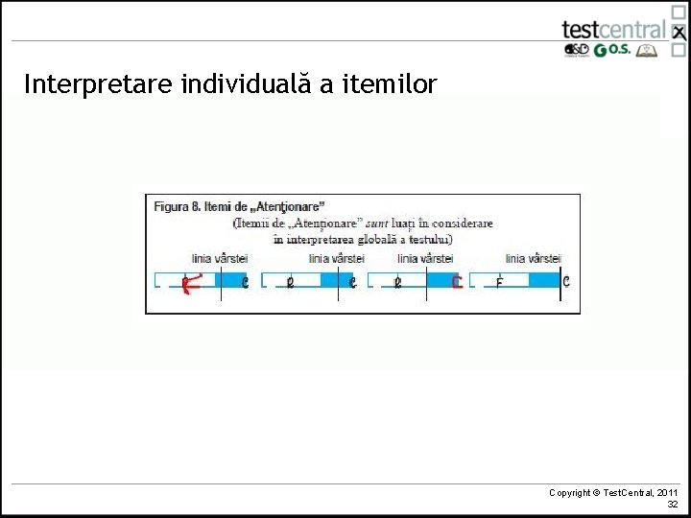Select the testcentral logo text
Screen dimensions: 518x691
click(613, 29)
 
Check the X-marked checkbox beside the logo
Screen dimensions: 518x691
click(679, 33)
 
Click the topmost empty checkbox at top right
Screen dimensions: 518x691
click(679, 12)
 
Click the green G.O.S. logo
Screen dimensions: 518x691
click(612, 51)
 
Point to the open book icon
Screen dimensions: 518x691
click(648, 51)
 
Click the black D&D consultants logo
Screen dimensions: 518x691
click(576, 51)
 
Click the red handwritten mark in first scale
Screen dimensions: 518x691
click(193, 281)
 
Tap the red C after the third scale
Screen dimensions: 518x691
click(457, 282)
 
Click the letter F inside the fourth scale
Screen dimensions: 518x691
click(499, 283)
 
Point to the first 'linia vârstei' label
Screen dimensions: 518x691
click(220, 259)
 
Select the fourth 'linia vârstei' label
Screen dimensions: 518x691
click(534, 259)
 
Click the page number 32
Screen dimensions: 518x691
click(673, 505)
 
